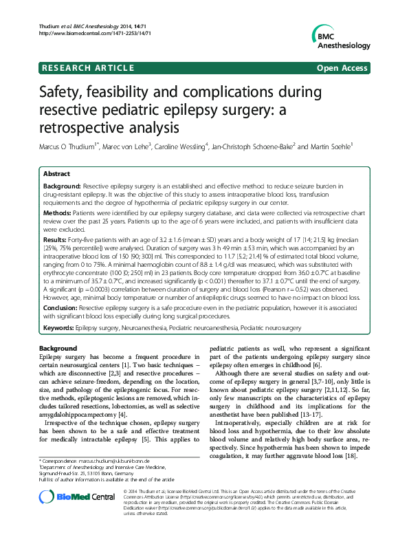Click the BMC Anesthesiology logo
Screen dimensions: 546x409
[x=338, y=39]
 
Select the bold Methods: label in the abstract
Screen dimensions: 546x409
[x=57, y=214]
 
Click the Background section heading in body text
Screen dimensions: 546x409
[x=58, y=349]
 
